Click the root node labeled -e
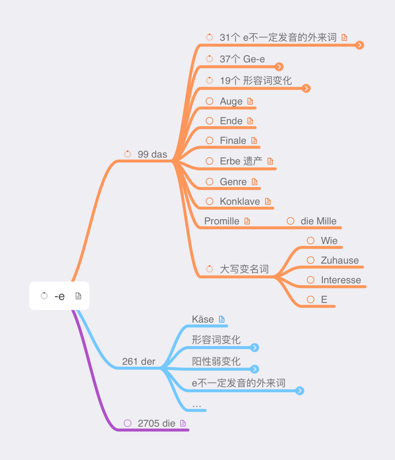[x=59, y=296]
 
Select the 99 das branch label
[x=152, y=154]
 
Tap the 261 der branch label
[x=139, y=362]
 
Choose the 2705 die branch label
[x=156, y=423]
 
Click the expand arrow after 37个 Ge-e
[x=279, y=67]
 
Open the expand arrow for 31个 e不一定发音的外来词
[x=360, y=45]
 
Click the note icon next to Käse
[x=222, y=319]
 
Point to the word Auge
[x=231, y=101]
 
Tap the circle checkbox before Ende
[x=210, y=121]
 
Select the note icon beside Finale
[x=254, y=141]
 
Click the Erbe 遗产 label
[x=241, y=161]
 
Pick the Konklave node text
[x=240, y=201]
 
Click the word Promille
[x=222, y=221]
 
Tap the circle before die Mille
[x=290, y=221]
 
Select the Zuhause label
[x=340, y=260]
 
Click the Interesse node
[x=341, y=280]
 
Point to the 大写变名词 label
[x=244, y=269]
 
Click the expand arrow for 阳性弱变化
[x=255, y=369]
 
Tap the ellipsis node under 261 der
[x=197, y=405]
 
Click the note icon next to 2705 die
[x=183, y=423]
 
